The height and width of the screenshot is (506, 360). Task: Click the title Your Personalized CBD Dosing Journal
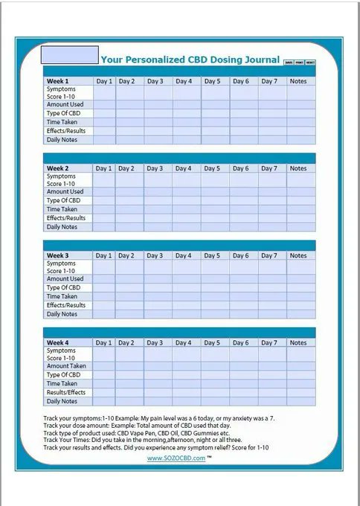click(190, 60)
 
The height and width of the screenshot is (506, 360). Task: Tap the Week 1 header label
click(58, 81)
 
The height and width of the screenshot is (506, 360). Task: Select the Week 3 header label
click(58, 256)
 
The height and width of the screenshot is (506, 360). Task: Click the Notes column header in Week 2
click(298, 169)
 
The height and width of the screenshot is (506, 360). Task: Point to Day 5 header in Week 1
click(212, 81)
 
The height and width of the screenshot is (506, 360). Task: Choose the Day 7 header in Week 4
click(269, 343)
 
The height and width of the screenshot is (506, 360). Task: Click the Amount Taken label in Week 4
click(66, 366)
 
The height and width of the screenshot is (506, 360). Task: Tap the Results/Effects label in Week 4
click(66, 392)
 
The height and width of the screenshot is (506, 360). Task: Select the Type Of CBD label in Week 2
click(63, 201)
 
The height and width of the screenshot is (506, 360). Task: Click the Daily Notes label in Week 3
click(62, 314)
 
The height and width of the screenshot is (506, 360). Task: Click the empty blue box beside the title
click(69, 55)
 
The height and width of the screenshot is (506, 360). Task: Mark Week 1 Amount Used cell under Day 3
click(155, 105)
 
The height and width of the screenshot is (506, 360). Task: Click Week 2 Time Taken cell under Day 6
click(240, 210)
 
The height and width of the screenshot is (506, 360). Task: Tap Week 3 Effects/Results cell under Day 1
click(104, 305)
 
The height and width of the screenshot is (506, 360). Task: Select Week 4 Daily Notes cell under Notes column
click(298, 401)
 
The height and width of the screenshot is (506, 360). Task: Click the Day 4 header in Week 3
click(183, 256)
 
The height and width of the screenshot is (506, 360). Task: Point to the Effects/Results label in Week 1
click(66, 131)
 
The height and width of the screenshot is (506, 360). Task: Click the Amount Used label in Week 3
click(66, 279)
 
